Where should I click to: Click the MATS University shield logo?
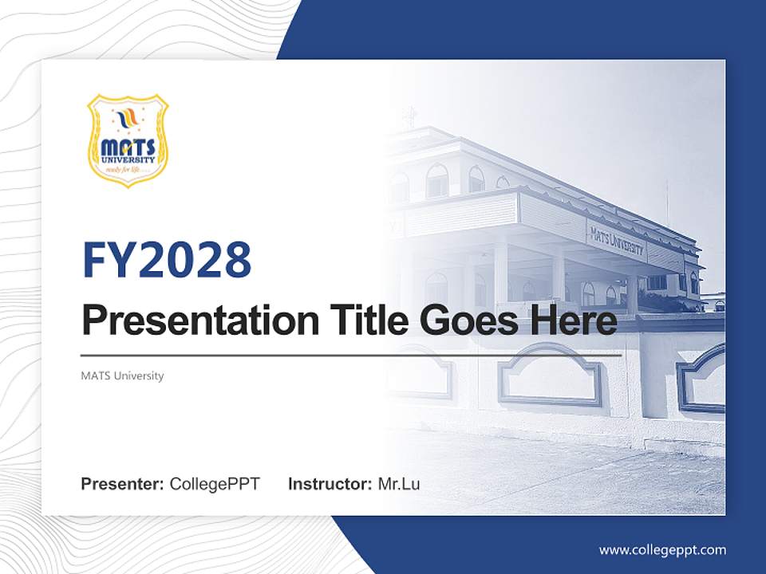(128, 140)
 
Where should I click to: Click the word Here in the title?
(573, 321)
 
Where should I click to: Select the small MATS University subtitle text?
(122, 375)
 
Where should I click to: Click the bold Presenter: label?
(122, 484)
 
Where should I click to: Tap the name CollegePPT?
(215, 484)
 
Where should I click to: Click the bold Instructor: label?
(330, 484)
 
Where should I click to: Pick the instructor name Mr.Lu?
(398, 484)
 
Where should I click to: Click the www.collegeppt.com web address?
(662, 549)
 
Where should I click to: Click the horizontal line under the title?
(351, 355)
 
